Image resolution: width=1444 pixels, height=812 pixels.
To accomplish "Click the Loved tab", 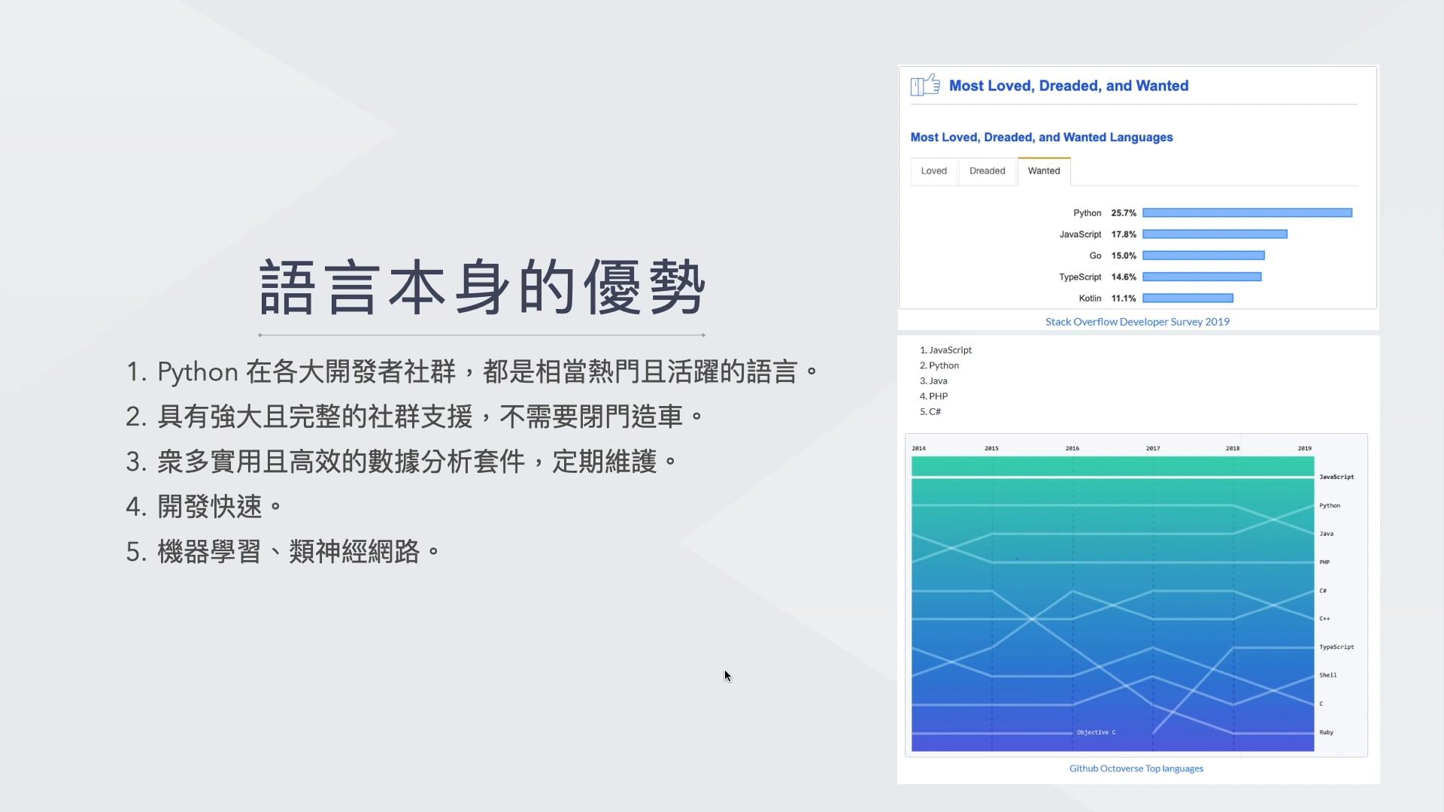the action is (x=934, y=171).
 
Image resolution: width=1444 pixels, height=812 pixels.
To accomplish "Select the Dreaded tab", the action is (x=987, y=171).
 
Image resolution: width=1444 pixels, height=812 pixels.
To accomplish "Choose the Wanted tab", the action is (x=1044, y=171).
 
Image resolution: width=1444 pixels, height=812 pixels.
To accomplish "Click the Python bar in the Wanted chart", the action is (x=1247, y=213).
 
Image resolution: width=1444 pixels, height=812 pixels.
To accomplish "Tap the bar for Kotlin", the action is (x=1188, y=298).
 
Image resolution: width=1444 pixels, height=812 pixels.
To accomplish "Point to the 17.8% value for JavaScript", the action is (x=1124, y=235).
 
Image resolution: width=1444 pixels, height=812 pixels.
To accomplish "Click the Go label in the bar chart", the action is (x=1095, y=256).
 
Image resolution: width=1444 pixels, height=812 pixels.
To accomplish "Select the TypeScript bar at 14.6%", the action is (x=1202, y=277).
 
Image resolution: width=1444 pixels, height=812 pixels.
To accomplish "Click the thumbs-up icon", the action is (x=925, y=85).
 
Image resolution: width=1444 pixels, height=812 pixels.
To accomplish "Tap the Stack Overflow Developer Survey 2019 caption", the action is (x=1137, y=322).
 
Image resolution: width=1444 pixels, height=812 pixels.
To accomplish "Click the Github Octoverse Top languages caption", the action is (x=1136, y=768).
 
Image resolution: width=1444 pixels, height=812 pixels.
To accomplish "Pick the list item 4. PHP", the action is (x=933, y=396).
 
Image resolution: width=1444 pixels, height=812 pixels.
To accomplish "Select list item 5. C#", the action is (x=930, y=412).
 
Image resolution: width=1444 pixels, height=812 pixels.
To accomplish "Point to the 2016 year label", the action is (x=1072, y=448).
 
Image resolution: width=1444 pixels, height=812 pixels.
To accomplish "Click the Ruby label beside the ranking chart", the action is (x=1326, y=732).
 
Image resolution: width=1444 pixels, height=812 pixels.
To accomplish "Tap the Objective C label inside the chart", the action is (x=1096, y=732).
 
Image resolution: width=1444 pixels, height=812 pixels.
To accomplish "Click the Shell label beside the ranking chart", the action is (x=1328, y=675).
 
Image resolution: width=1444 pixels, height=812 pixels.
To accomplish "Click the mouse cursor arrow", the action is (x=727, y=676).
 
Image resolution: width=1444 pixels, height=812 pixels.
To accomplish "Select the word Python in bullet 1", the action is (x=198, y=372).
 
